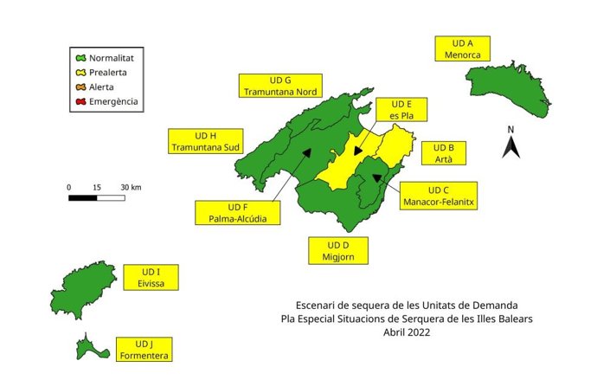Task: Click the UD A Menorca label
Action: (x=464, y=48)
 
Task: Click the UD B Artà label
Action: (x=444, y=153)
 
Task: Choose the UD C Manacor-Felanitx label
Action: (x=439, y=196)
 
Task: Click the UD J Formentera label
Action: (x=147, y=349)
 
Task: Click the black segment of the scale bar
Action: (x=82, y=198)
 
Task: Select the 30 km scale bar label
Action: (x=131, y=187)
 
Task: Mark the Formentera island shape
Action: (x=89, y=348)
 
